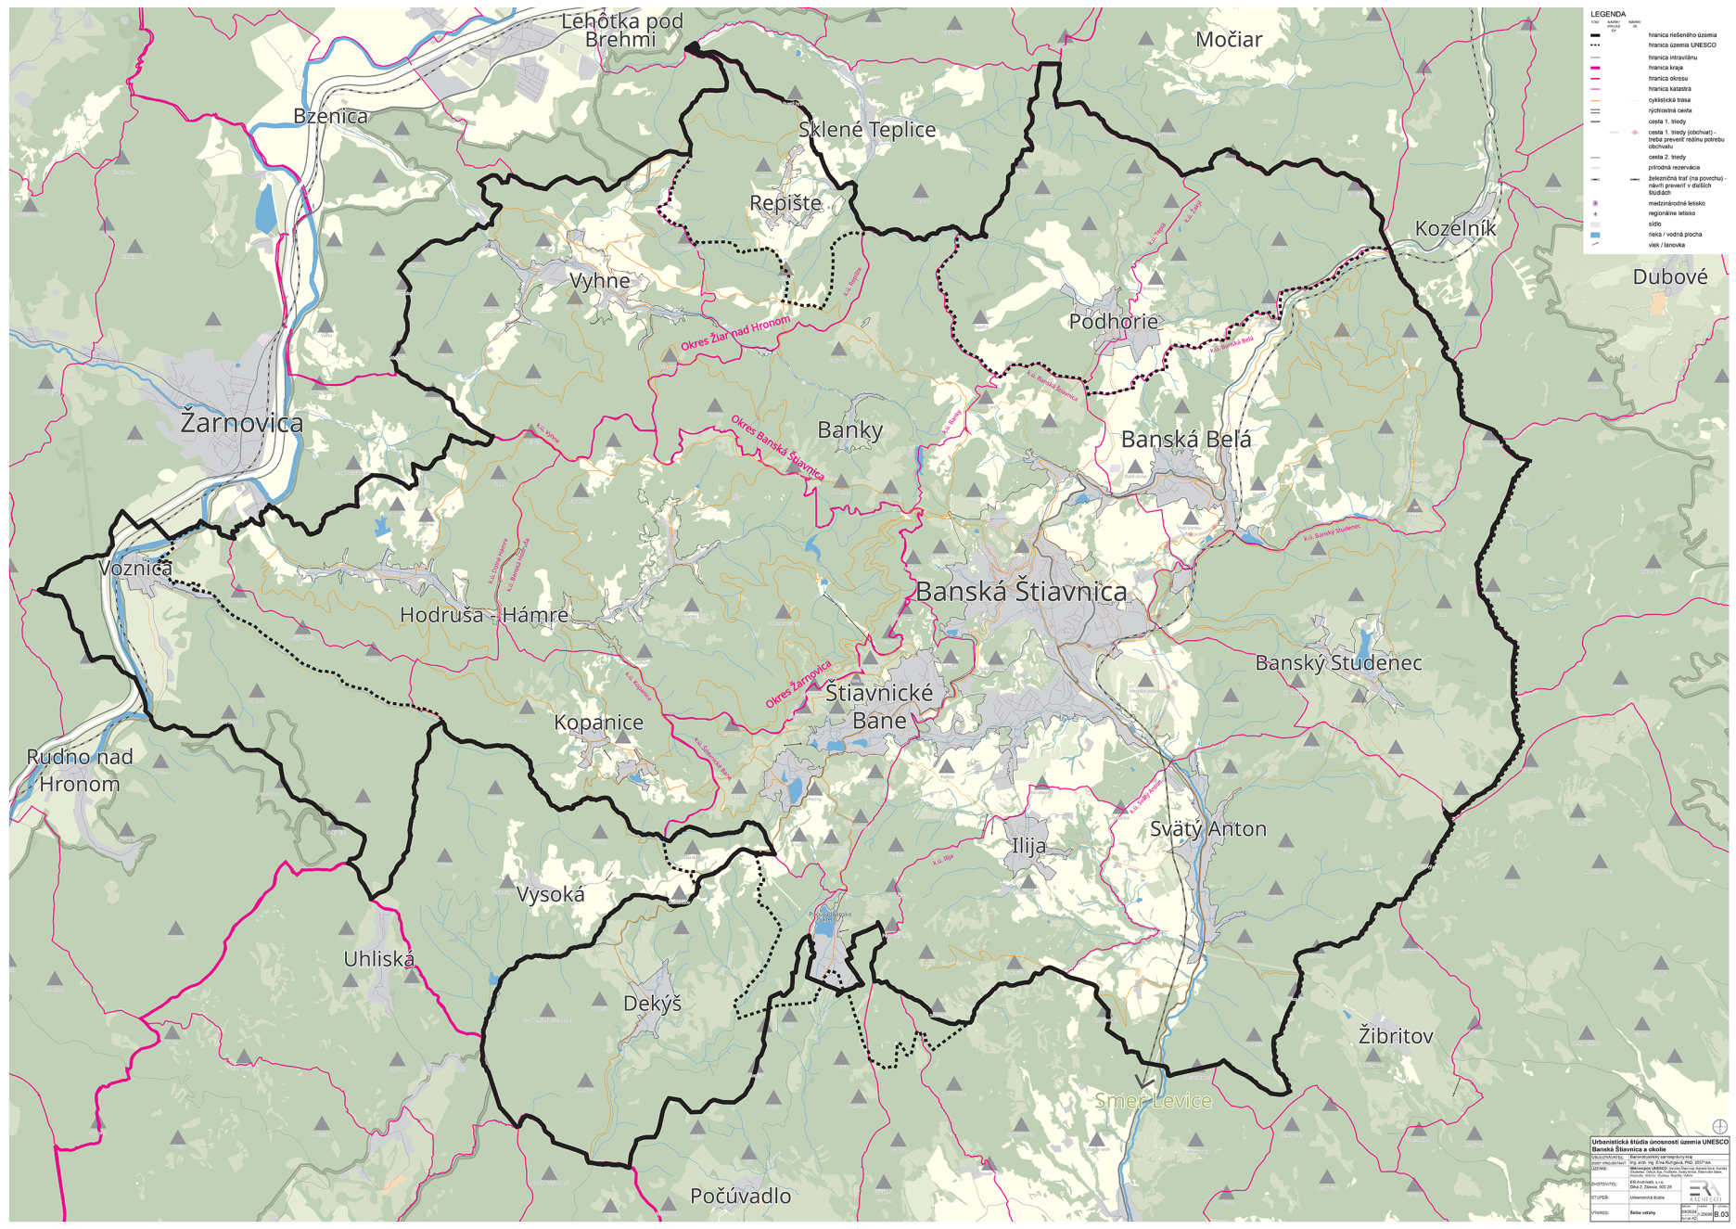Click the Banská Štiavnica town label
[x=1021, y=592]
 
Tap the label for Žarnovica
[x=242, y=423]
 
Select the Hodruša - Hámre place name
[x=484, y=615]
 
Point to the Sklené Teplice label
[x=867, y=130]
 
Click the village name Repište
[x=785, y=203]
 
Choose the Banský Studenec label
[x=1338, y=663]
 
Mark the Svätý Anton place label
[x=1207, y=829]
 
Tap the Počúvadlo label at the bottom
[x=740, y=1197]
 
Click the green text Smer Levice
[x=1153, y=1101]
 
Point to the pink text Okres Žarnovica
[x=798, y=685]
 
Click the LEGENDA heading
[x=1607, y=14]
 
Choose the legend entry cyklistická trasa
[x=1669, y=100]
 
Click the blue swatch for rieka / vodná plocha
[x=1595, y=235]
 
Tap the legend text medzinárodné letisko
[x=1676, y=203]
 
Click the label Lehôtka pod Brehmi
[x=621, y=31]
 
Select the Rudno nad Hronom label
[x=80, y=770]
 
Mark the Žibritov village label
[x=1395, y=1036]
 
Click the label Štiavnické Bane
[x=879, y=707]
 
